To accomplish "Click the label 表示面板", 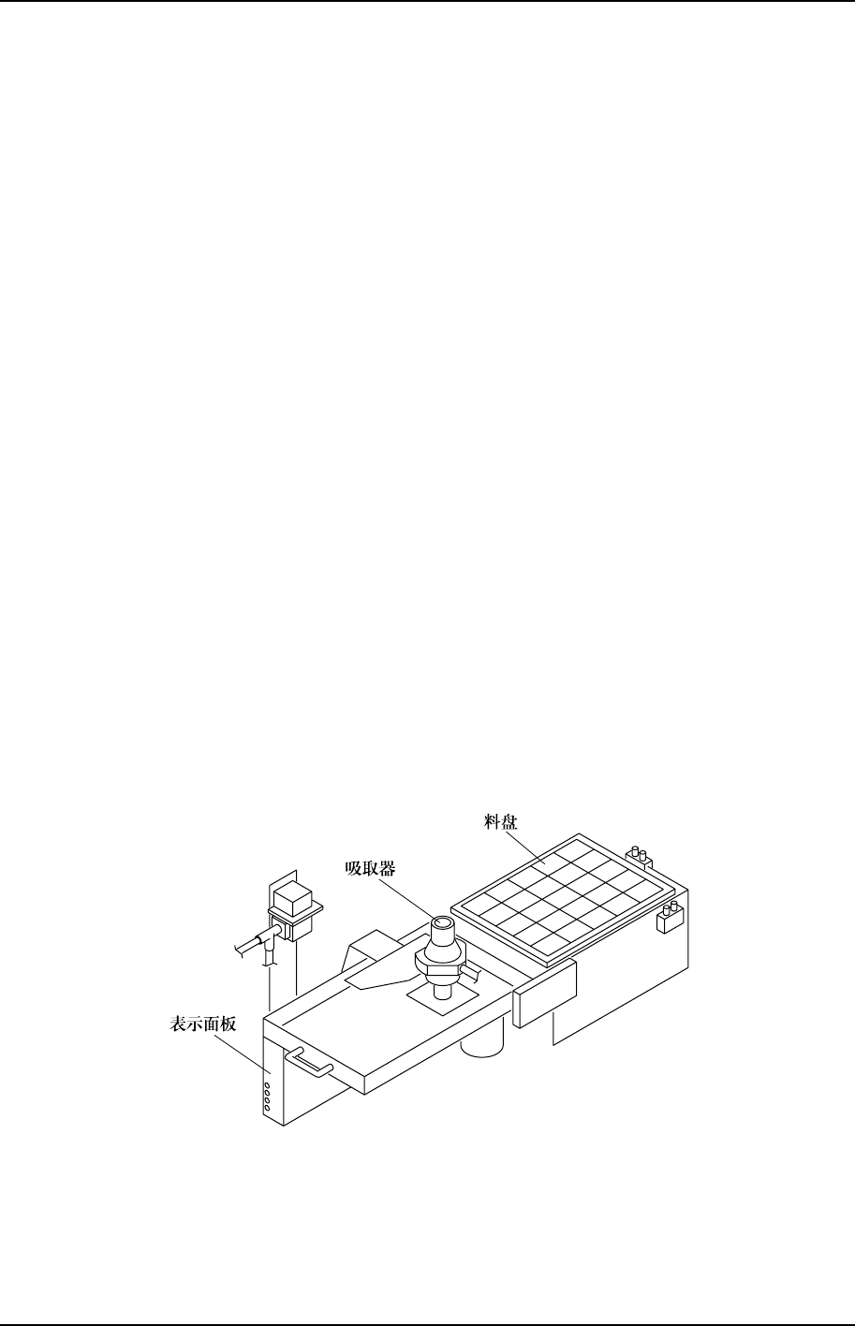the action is point(204,1024).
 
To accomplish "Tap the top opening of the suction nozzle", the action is point(442,927).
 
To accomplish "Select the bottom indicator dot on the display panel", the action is point(266,1109).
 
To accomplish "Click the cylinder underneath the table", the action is point(484,1036).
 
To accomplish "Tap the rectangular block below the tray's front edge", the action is point(545,993).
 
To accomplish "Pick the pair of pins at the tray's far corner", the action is point(640,854).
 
